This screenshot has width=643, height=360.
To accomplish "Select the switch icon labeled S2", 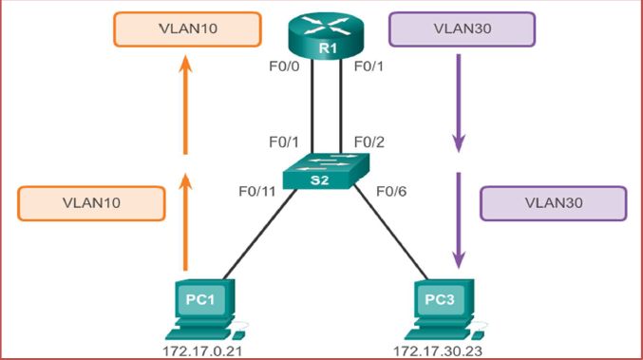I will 320,175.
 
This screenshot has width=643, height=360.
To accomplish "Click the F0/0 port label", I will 284,68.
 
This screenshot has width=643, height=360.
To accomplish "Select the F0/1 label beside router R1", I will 369,68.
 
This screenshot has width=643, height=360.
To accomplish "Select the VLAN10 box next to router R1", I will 186,29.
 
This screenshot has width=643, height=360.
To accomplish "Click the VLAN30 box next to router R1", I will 462,29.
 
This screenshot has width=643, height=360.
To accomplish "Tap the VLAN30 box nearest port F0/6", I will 554,203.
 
